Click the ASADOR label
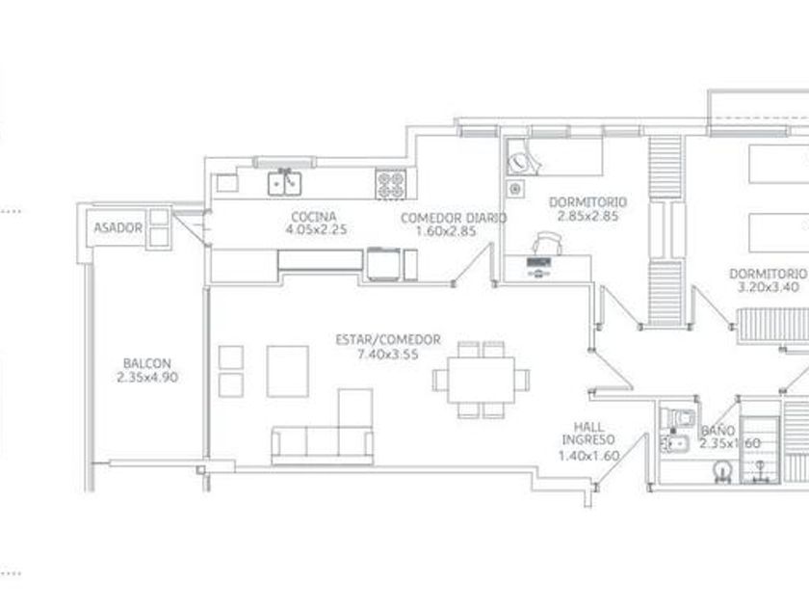(x=117, y=227)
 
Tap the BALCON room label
(x=147, y=363)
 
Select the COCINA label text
(x=314, y=217)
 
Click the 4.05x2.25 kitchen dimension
(x=316, y=229)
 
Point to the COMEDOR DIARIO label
(x=454, y=219)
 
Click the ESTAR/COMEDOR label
(x=388, y=339)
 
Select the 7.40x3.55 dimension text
(x=388, y=355)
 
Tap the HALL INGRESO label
(x=588, y=433)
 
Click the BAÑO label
(x=718, y=430)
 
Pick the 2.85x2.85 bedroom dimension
(x=587, y=216)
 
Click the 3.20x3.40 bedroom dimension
(x=769, y=287)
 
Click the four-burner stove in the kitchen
(x=391, y=184)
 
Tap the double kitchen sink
(x=284, y=183)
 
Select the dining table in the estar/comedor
(x=481, y=380)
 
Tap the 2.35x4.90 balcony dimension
(x=147, y=378)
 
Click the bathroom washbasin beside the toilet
(x=675, y=443)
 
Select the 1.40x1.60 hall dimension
(x=588, y=456)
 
